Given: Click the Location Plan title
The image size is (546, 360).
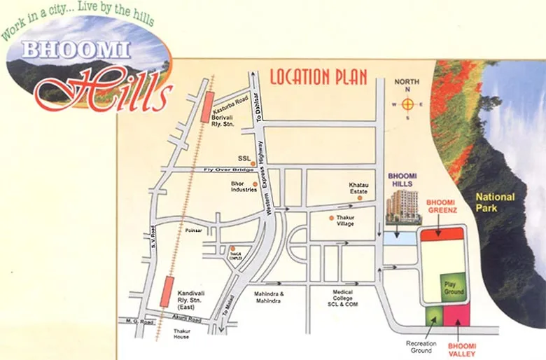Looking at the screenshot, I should click(x=318, y=76).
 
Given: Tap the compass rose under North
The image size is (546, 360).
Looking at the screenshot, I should click(x=407, y=104).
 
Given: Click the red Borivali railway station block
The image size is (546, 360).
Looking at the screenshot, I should click(x=206, y=107).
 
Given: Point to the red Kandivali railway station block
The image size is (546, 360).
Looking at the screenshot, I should click(x=166, y=291).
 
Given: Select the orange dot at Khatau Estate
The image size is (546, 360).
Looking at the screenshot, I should click(x=359, y=198).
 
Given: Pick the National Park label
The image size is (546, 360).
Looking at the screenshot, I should click(x=495, y=202).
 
